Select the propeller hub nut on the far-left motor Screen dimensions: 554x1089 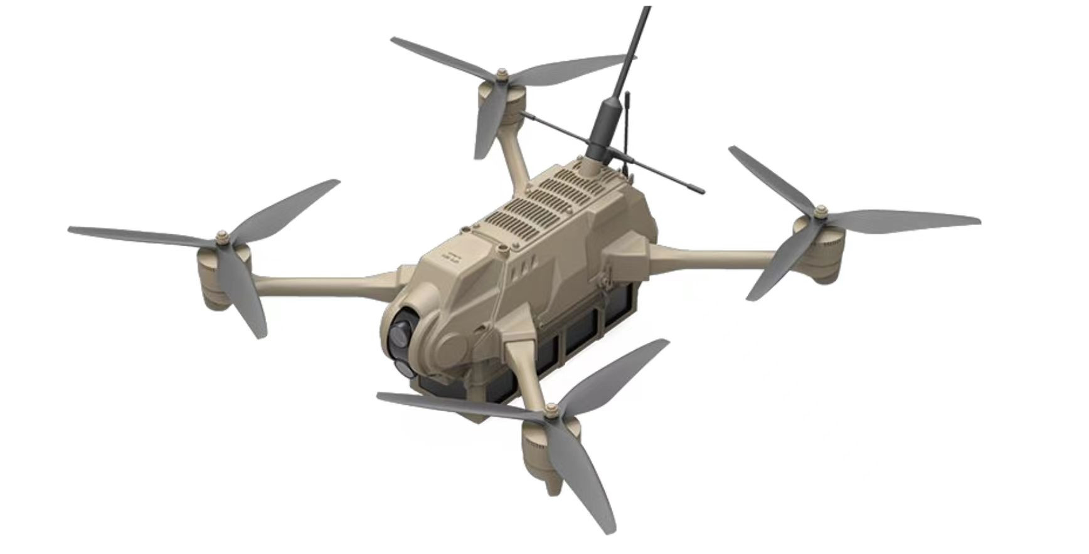point(221,238)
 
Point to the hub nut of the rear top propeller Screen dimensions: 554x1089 point(501,75)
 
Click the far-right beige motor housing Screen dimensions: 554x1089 point(823,254)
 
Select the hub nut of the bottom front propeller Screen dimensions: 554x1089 point(551,412)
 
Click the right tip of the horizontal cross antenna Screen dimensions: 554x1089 point(701,190)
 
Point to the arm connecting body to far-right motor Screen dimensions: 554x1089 point(715,256)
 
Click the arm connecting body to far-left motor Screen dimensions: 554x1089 point(326,282)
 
